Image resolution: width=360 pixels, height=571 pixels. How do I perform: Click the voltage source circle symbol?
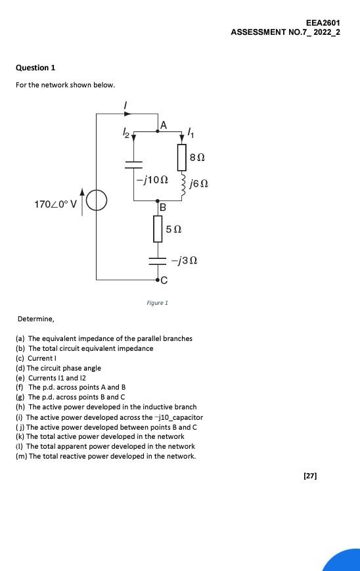(x=97, y=200)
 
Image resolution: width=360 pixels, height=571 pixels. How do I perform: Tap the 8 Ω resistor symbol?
(x=182, y=158)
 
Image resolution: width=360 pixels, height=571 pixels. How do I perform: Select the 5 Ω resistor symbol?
(x=158, y=229)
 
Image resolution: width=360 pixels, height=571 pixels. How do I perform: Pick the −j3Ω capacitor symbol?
(x=158, y=260)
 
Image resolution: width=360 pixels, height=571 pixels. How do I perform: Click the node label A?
(x=164, y=125)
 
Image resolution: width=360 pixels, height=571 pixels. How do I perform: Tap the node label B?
(x=162, y=207)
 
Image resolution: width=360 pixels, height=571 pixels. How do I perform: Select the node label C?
(x=164, y=281)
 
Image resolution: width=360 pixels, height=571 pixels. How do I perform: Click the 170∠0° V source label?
(x=55, y=204)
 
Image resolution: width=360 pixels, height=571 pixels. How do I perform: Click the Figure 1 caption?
(x=157, y=303)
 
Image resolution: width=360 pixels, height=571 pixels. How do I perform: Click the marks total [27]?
(x=310, y=476)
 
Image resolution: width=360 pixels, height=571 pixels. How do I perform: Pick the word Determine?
(x=35, y=319)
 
